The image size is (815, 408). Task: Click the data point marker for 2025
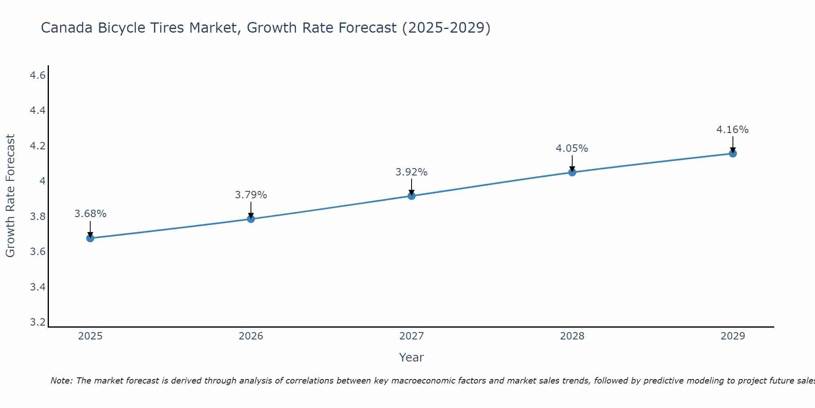(x=90, y=238)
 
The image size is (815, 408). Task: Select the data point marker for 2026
(x=251, y=219)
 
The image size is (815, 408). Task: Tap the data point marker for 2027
(x=412, y=196)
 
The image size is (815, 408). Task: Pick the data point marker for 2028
(x=572, y=172)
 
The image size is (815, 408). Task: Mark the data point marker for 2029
(x=733, y=153)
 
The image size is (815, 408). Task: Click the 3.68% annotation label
(x=90, y=214)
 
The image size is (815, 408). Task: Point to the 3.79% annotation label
(x=251, y=195)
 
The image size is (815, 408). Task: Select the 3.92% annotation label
(x=412, y=172)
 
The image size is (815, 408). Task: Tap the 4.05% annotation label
(x=572, y=149)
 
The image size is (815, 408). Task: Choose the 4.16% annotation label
(x=732, y=130)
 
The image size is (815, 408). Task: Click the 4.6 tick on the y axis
(x=37, y=75)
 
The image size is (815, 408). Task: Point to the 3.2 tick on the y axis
(x=37, y=322)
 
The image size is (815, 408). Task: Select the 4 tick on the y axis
(x=42, y=181)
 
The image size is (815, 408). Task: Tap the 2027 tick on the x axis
(x=412, y=336)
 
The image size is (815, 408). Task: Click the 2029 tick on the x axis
(x=733, y=336)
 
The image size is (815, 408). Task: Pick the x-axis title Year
(x=412, y=357)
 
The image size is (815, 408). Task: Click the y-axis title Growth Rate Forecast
(x=10, y=196)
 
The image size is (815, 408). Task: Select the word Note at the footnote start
(x=61, y=381)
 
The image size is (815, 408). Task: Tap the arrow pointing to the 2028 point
(x=572, y=163)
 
